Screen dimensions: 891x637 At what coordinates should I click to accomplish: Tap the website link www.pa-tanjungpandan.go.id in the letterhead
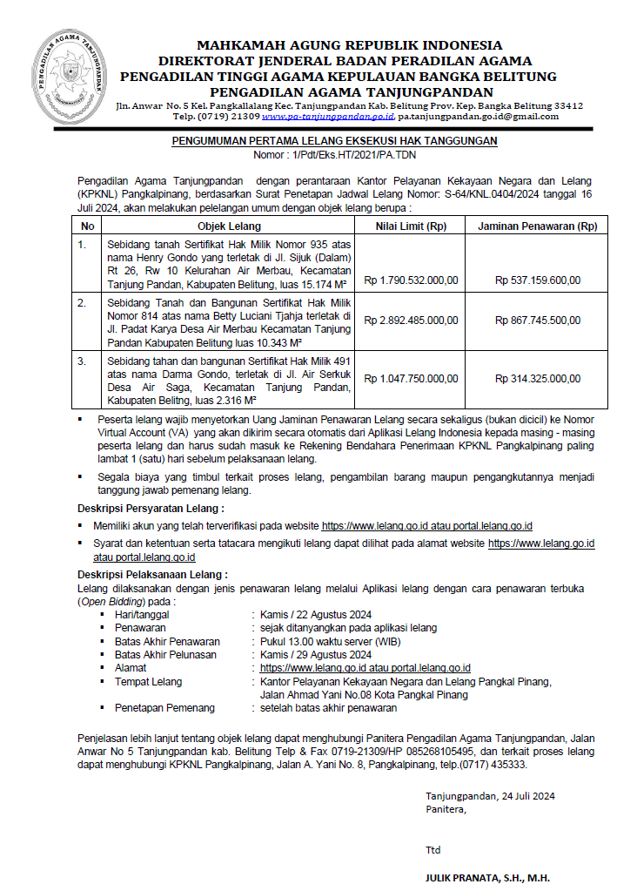coord(328,116)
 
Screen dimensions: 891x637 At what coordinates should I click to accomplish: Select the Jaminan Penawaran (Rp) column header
coord(538,226)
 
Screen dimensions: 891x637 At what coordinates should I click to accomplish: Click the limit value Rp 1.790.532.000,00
coord(411,280)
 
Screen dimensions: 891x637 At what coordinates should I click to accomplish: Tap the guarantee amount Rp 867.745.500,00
coord(538,321)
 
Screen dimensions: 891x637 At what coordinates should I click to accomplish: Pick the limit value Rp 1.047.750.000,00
coord(411,379)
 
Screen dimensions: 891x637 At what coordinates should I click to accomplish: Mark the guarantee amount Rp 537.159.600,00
coord(538,280)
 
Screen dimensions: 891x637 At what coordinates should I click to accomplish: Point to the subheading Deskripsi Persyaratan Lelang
coord(151,508)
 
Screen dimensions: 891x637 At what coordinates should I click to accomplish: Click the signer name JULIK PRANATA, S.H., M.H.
coord(487,877)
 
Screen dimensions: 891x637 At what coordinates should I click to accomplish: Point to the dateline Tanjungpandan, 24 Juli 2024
coord(490,795)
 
